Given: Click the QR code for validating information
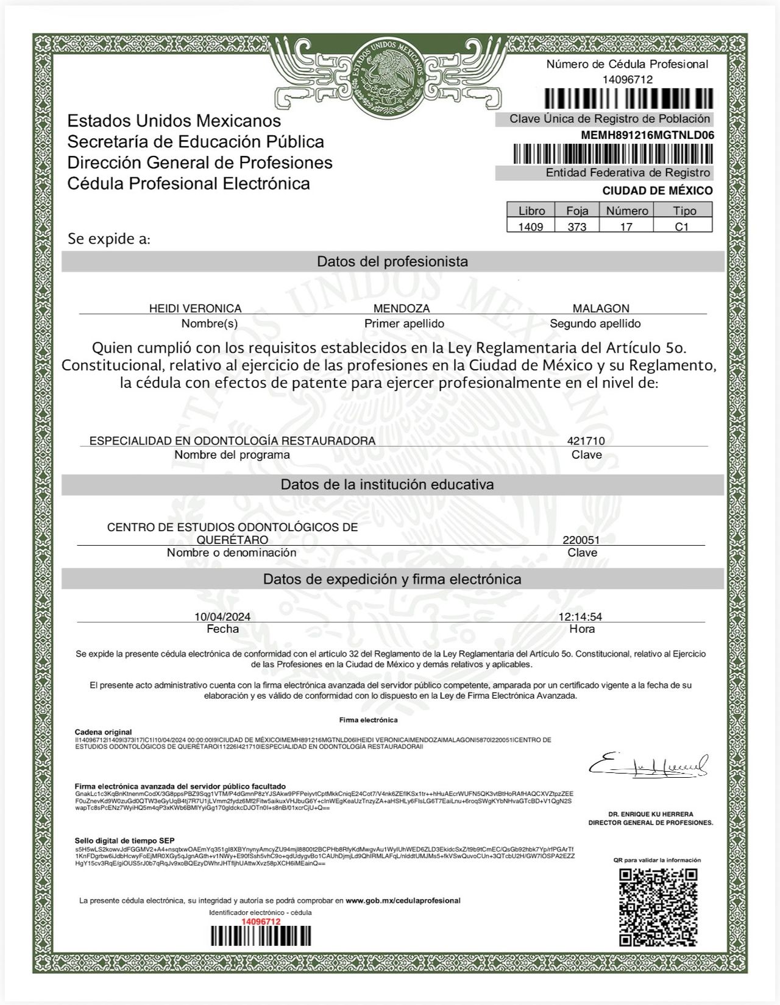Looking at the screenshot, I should pos(658,907).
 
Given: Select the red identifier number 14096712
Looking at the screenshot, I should pos(261,922).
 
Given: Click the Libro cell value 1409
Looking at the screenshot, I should pos(531,227).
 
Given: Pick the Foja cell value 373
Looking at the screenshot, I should pos(577,227).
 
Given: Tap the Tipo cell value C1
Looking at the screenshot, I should pos(682,227).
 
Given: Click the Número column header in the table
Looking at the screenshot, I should pos(627,211).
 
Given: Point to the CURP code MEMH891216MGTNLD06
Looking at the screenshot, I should pos(647,135).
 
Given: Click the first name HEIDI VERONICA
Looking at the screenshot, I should pos(196,308).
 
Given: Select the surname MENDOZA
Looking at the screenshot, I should pos(402,308).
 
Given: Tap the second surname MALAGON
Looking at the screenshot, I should pos(601,308).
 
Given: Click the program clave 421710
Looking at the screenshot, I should pos(586,440).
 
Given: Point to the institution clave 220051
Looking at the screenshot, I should pos(581,540).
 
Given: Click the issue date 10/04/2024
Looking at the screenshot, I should pos(222,616).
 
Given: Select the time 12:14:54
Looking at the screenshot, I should pos(580,616).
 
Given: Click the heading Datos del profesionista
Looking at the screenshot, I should pos(392,262).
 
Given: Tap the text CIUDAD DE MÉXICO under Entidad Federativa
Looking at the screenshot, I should pos(658,191).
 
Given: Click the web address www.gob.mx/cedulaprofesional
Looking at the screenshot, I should pos(403,900).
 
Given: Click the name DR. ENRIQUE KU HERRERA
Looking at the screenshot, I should pos(650,814).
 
